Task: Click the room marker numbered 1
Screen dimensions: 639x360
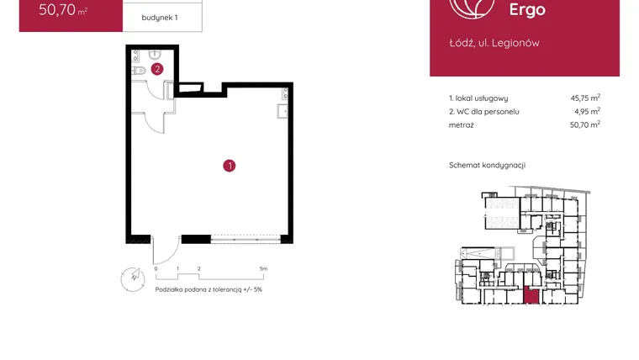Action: (x=230, y=166)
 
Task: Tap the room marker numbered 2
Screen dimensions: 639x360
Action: (x=157, y=69)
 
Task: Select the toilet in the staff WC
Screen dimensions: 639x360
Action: (x=139, y=71)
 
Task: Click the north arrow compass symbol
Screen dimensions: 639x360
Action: (x=133, y=279)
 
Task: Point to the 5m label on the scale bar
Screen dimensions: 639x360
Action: (x=263, y=268)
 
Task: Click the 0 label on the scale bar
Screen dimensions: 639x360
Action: (x=156, y=268)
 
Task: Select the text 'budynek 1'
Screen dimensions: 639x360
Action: (x=160, y=18)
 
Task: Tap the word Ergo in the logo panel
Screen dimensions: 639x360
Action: (x=527, y=9)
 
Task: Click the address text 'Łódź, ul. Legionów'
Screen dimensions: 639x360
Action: (x=494, y=43)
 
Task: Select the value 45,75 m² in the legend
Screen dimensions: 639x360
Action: (x=585, y=98)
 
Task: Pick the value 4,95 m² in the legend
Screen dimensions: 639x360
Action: (x=587, y=111)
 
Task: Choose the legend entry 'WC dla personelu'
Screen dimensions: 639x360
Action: (x=488, y=112)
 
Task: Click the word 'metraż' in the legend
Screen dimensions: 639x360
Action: (x=462, y=125)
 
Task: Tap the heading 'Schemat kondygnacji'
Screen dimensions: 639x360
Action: (x=488, y=165)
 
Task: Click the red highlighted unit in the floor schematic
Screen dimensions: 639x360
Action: (x=531, y=295)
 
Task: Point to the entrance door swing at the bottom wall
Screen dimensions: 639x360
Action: (x=166, y=251)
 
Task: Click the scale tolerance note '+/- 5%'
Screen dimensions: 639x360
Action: (x=253, y=289)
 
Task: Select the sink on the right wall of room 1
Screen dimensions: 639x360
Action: (x=283, y=111)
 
